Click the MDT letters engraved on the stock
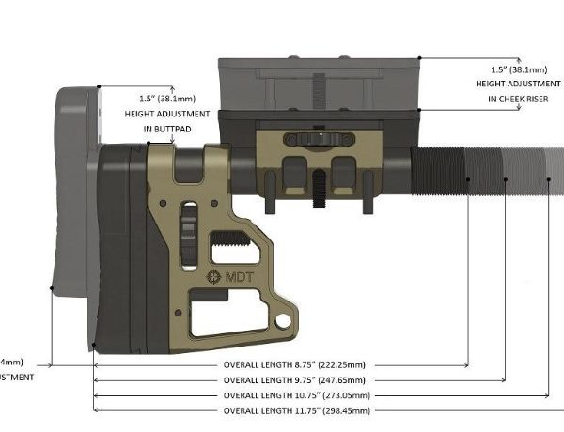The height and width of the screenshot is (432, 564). point(237,277)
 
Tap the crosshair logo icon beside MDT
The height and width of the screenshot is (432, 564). point(212,277)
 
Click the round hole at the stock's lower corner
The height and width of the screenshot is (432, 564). point(279,323)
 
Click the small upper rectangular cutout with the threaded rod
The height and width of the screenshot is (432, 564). point(236,247)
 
